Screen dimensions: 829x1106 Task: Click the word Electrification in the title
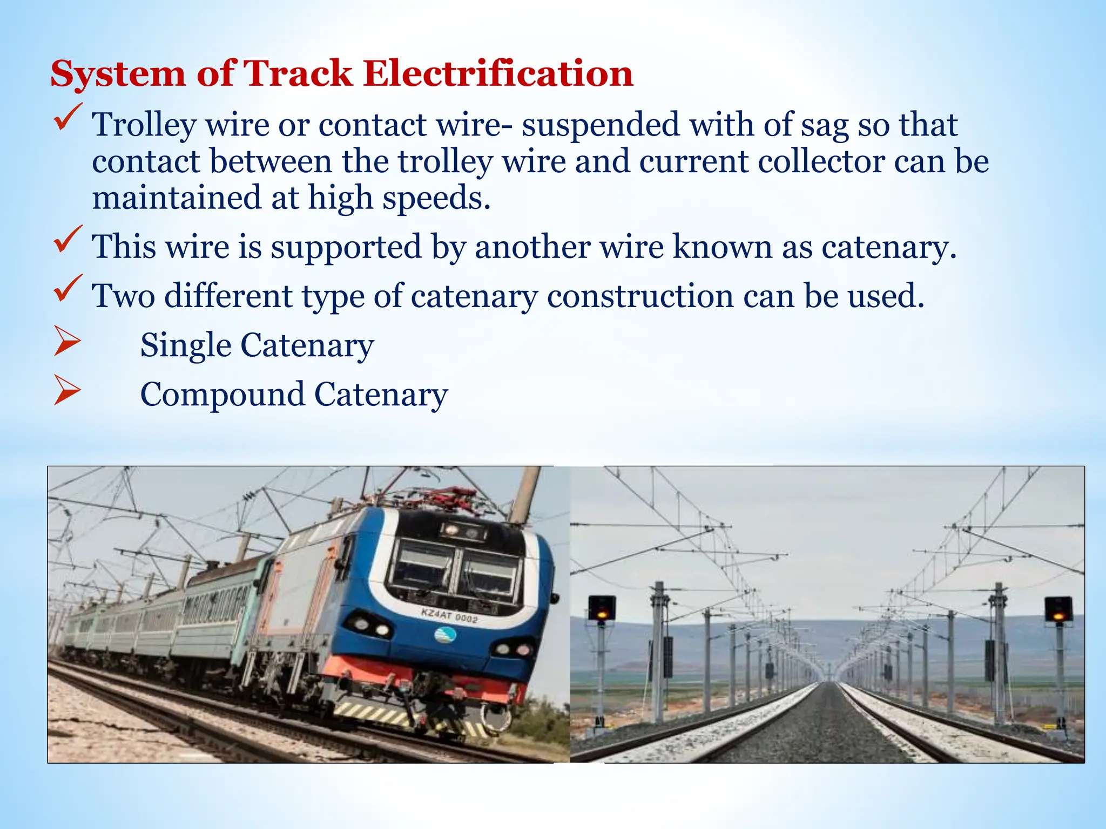498,73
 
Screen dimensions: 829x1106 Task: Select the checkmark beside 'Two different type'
68,288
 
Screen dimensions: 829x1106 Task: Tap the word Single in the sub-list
185,345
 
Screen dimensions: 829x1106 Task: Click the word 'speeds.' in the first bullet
436,198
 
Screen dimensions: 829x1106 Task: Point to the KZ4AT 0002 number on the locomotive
449,615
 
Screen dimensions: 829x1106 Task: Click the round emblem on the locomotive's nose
445,635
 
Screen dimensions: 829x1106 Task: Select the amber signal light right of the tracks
1059,615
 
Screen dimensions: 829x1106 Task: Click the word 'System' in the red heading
118,74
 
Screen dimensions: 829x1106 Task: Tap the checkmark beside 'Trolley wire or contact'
68,117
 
